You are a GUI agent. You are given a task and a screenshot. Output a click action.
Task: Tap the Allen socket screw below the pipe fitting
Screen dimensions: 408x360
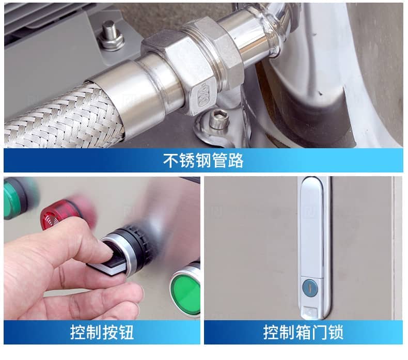click(x=219, y=119)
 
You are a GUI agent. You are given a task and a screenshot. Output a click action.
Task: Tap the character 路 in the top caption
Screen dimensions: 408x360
click(x=236, y=160)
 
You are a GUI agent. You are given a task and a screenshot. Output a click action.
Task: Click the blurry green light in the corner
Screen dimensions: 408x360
click(x=16, y=198)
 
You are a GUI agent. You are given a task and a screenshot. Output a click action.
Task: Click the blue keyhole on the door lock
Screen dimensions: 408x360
click(x=310, y=288)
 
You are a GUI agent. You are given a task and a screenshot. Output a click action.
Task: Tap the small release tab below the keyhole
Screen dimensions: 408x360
click(x=310, y=312)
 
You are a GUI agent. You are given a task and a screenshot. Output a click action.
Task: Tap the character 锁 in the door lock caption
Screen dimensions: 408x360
click(x=336, y=332)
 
